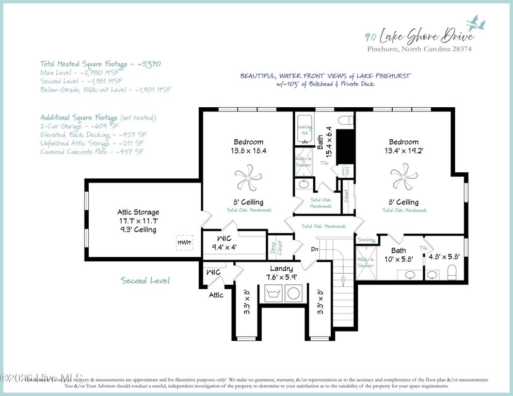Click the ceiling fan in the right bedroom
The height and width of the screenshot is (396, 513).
(404, 177)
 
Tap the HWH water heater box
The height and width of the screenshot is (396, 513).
(184, 242)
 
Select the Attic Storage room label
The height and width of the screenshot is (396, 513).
(138, 212)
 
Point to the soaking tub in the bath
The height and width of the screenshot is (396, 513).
(304, 129)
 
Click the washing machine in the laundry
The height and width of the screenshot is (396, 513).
(274, 293)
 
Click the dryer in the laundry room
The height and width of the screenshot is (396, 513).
(294, 293)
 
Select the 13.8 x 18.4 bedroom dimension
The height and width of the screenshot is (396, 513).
(249, 151)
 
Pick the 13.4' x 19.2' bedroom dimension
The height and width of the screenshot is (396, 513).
(404, 151)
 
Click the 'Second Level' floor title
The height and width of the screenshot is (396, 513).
(145, 280)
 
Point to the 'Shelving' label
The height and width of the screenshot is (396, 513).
(366, 239)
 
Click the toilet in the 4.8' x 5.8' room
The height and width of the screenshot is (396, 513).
(451, 271)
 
